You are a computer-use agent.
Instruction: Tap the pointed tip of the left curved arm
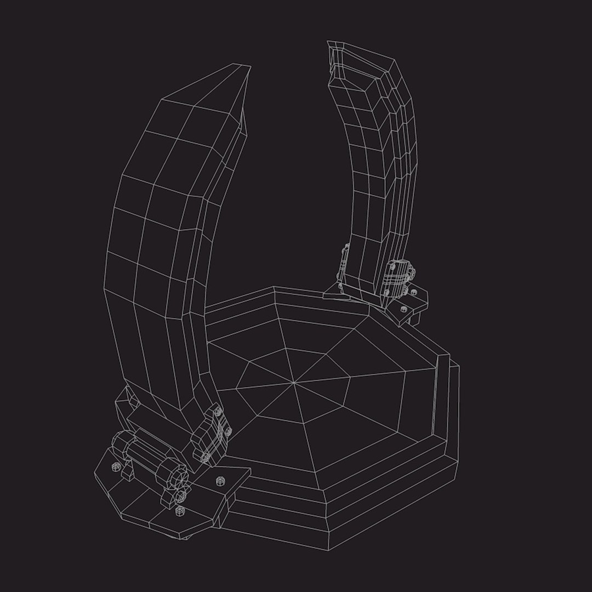pos(250,66)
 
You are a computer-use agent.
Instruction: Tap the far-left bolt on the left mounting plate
pos(115,466)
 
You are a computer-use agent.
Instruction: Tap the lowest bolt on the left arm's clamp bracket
pos(206,456)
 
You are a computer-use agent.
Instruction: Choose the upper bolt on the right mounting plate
pos(413,293)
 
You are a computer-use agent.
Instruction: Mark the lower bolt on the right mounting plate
pos(402,309)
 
